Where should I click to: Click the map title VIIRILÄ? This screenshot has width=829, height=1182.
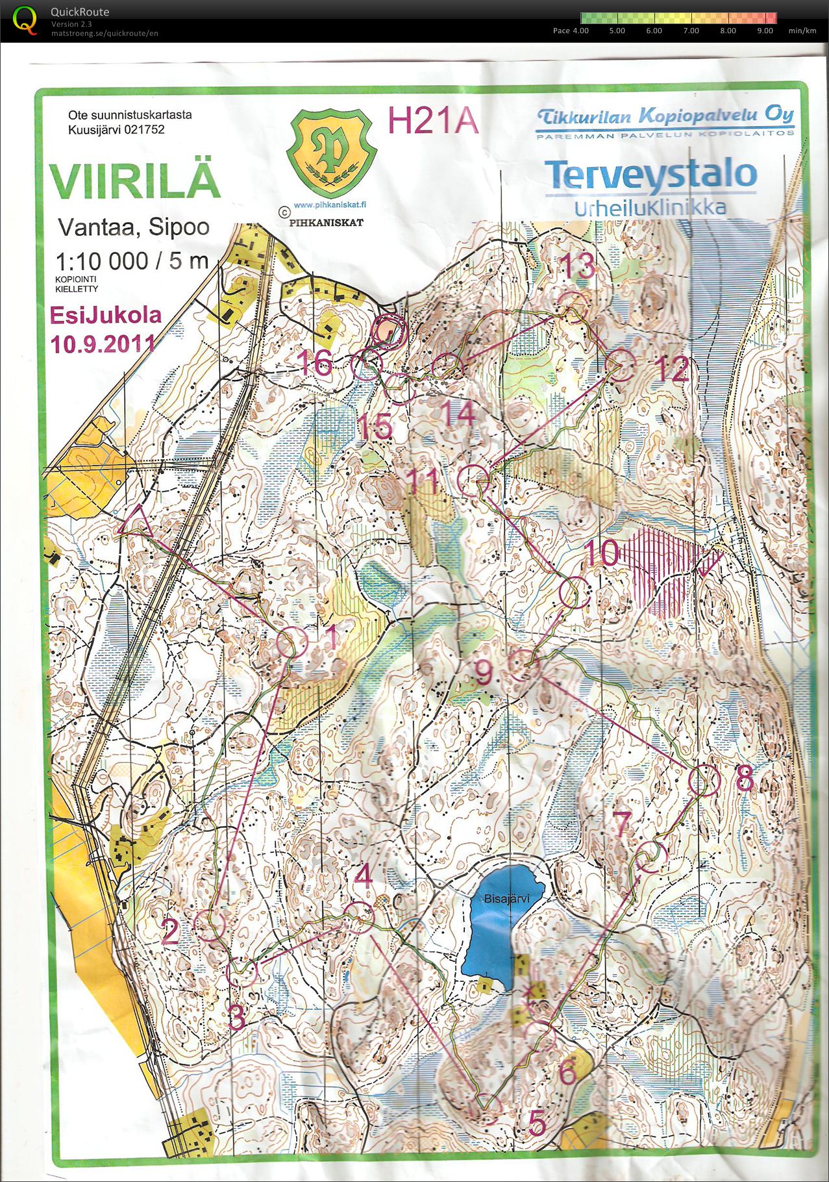tap(135, 181)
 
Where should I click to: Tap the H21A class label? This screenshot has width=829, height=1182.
tap(432, 121)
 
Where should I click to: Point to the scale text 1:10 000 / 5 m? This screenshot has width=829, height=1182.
tap(132, 262)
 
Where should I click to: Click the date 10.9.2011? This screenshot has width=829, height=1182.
tap(103, 344)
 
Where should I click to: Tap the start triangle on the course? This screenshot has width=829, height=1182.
tap(136, 524)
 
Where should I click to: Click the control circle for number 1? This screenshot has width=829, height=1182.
tap(291, 642)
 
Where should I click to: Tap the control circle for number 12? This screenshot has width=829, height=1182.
tap(620, 365)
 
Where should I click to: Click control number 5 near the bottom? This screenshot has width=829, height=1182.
tap(537, 1123)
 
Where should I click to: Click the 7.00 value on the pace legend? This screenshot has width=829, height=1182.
tap(691, 31)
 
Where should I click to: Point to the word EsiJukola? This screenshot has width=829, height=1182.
tap(106, 315)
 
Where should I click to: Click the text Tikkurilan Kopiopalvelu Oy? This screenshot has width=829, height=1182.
tap(665, 116)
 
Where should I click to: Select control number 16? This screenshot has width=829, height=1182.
tap(316, 362)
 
